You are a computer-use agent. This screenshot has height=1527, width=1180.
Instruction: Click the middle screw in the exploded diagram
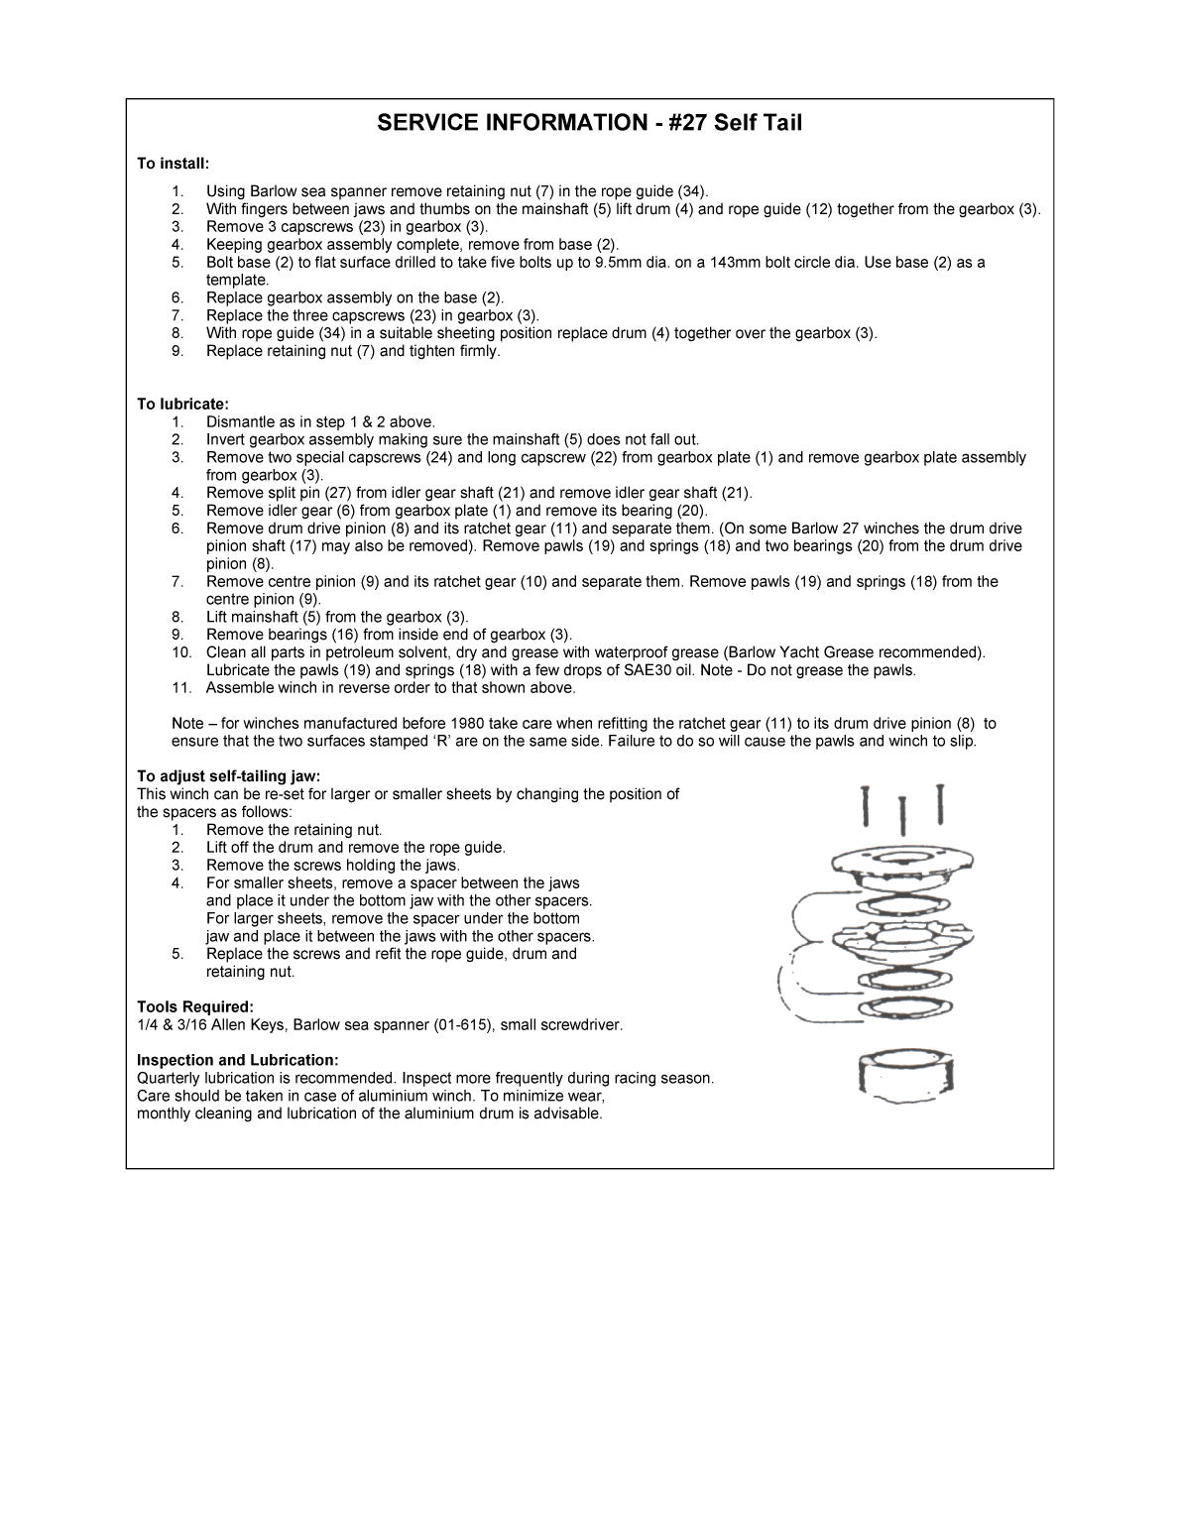(904, 815)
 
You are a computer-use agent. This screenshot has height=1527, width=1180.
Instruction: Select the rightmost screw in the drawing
(939, 805)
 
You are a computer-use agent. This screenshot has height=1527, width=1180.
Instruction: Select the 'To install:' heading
(174, 163)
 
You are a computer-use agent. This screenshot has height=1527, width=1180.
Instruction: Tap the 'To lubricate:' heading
(182, 405)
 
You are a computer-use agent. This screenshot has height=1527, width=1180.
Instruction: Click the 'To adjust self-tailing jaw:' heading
(229, 776)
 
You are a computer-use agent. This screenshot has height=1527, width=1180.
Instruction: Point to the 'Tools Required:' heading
(195, 1006)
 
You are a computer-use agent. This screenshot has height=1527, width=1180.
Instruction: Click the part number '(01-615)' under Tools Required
(461, 1024)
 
